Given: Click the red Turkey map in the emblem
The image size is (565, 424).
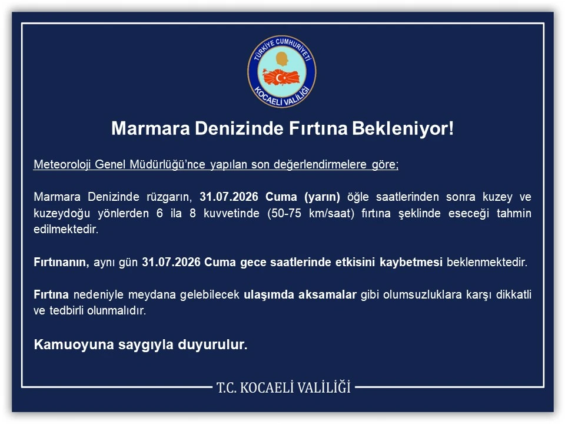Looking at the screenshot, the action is click(281, 77).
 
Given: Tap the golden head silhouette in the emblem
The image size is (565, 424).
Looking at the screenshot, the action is click(282, 59).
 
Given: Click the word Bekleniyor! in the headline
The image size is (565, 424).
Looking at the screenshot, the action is click(403, 128).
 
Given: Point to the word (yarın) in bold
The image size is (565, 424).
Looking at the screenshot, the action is click(322, 197).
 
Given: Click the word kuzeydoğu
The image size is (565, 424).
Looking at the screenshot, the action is click(62, 213).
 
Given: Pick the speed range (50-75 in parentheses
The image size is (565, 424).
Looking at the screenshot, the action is click(284, 213).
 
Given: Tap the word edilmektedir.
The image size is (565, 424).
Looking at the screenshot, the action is click(66, 229).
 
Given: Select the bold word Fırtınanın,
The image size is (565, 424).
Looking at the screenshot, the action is click(61, 262).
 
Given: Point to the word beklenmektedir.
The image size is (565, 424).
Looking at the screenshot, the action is click(487, 262).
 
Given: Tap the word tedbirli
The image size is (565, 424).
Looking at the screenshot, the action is click(66, 310).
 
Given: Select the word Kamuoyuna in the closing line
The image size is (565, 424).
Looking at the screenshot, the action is click(74, 344).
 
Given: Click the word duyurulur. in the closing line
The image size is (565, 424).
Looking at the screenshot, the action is click(212, 344).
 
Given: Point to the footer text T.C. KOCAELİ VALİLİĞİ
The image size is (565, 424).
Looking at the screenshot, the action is click(284, 387).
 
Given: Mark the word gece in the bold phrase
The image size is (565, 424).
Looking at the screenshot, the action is click(253, 263).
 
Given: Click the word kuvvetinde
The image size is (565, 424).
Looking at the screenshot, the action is click(231, 213).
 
